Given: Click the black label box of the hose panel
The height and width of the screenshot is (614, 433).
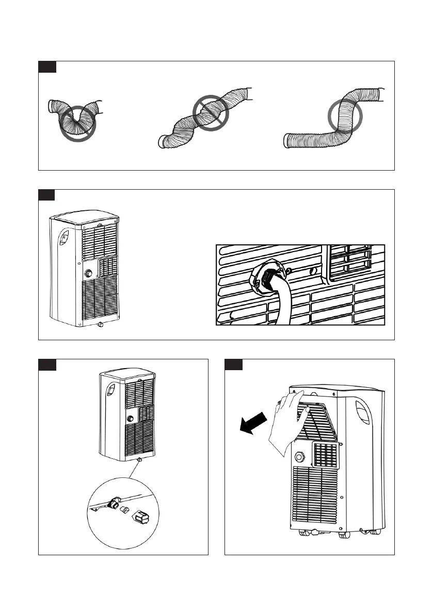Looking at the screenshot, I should click(47, 67).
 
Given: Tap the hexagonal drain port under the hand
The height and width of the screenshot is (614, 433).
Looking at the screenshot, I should click(299, 457).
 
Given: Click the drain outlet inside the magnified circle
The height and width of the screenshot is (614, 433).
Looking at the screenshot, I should click(115, 501).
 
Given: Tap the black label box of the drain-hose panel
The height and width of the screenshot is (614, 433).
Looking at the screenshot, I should click(47, 195).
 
